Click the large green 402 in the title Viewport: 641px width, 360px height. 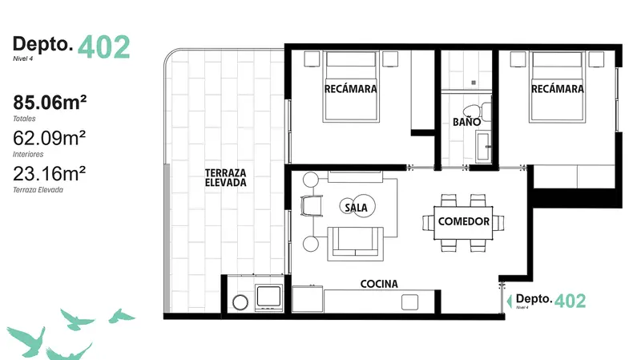click(104, 47)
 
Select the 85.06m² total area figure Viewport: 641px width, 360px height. click(50, 103)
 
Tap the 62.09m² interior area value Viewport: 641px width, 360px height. click(50, 138)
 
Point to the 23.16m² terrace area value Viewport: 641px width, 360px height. click(50, 174)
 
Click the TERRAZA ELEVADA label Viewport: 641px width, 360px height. click(226, 178)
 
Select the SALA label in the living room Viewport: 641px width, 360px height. click(356, 208)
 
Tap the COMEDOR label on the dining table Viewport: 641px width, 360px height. click(464, 222)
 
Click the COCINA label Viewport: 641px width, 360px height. click(379, 284)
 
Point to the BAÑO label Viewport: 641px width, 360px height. click(466, 122)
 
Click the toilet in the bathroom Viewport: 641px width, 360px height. click(477, 111)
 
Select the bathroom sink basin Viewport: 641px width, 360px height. click(483, 147)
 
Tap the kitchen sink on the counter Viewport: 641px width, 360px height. click(409, 302)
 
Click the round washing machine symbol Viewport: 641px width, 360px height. click(240, 303)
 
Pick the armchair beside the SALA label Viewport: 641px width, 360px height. click(311, 205)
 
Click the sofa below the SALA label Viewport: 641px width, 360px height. click(355, 244)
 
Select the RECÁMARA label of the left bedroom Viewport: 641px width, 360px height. click(350, 89)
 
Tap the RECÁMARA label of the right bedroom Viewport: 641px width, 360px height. click(557, 89)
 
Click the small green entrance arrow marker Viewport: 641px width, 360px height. click(509, 301)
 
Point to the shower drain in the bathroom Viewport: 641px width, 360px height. click(474, 83)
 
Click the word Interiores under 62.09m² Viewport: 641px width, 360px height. click(28, 154)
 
